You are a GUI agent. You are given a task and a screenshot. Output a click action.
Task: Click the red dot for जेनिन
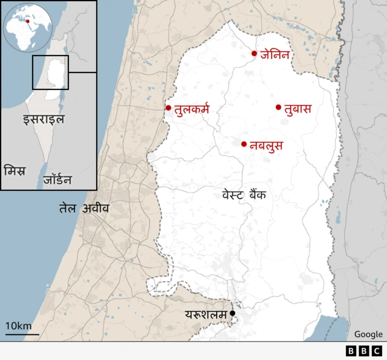255,54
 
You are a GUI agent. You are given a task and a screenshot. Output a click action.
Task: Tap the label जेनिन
276,54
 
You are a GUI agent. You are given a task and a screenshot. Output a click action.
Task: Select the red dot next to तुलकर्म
169,108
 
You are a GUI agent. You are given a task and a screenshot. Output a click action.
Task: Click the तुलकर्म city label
191,109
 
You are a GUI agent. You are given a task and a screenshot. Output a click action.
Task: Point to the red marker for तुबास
279,108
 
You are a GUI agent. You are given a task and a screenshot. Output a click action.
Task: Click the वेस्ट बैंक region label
244,195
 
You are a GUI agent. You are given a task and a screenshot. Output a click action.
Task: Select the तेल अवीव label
84,208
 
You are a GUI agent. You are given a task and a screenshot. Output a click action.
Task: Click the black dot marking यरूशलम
232,313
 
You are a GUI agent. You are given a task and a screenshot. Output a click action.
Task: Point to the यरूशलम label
206,314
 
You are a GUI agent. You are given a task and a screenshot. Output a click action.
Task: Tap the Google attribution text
368,334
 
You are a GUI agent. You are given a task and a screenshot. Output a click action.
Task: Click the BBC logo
364,350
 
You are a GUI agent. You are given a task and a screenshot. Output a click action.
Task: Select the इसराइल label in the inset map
44,118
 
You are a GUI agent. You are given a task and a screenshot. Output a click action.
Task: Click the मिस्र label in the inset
15,170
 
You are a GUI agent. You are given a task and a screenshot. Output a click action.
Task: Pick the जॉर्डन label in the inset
57,179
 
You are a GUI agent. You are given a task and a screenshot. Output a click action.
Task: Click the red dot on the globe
28,21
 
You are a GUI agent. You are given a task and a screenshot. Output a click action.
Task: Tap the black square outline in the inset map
50,72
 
